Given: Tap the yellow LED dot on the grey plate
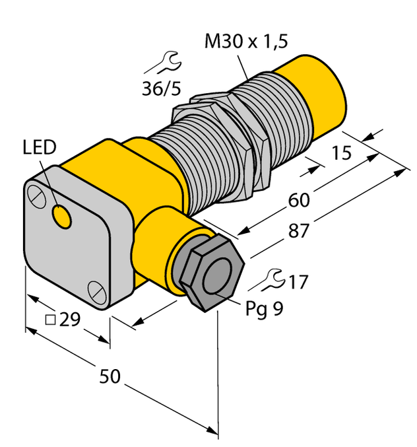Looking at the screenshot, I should point(62,216).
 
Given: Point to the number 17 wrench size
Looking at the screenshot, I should point(298,282).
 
